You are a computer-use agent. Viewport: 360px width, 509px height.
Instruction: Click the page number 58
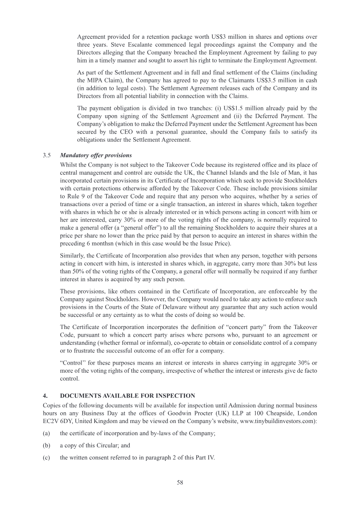tap(180, 482)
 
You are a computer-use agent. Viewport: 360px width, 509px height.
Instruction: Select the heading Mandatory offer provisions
tap(95, 155)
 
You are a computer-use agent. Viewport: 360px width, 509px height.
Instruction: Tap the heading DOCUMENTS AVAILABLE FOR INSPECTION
tap(127, 396)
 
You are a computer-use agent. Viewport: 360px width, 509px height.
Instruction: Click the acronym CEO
tap(134, 132)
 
